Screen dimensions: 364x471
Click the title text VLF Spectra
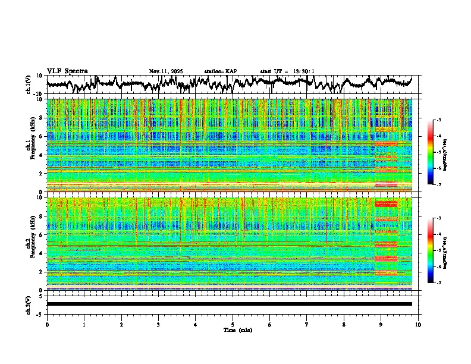(x=67, y=71)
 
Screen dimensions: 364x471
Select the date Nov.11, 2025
(x=166, y=71)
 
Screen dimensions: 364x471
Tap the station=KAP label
(x=220, y=71)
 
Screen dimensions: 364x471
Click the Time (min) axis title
(x=232, y=330)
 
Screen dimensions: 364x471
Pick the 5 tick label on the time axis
(x=233, y=324)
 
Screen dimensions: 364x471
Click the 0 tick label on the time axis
(x=47, y=324)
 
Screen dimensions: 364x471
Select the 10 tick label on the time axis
(x=418, y=324)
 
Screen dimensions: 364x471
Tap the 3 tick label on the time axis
(x=158, y=324)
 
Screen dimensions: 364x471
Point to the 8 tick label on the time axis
(x=344, y=324)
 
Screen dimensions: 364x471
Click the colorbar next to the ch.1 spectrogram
(x=431, y=152)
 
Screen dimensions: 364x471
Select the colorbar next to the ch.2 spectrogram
(x=431, y=250)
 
